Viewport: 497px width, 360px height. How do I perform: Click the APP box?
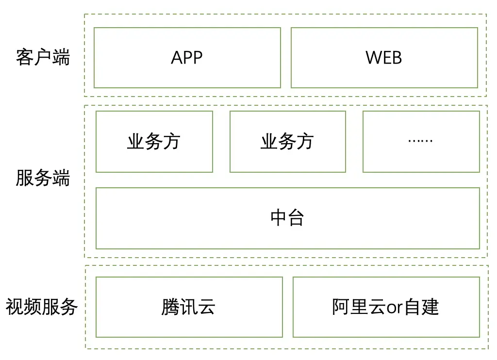187,58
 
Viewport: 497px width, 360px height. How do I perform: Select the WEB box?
384,58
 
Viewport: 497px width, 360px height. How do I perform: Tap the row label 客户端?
43,57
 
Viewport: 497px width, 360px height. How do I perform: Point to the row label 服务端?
43,178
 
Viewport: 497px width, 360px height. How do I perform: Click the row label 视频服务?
42,307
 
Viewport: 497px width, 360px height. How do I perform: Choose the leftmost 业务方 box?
154,142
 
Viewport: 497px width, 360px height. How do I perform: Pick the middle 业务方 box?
287,142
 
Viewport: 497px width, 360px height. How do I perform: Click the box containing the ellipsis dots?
421,142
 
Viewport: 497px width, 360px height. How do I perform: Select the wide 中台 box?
287,218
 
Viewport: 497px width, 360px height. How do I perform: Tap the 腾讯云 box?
189,307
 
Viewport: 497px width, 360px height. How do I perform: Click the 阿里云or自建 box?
386,307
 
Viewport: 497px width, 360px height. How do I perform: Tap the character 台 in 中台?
296,218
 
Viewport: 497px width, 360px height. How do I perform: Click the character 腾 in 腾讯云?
170,307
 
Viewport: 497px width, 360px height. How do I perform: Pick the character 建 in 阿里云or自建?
430,307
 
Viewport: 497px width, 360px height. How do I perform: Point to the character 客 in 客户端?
25,57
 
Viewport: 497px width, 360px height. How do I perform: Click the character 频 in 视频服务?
33,307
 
